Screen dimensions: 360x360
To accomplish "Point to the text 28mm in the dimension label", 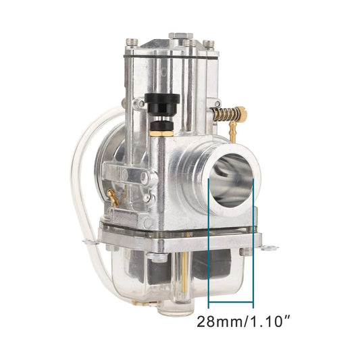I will coord(220,322).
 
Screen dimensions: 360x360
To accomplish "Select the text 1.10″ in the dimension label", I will coord(272,322).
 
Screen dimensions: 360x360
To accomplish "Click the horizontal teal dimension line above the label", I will coord(232,302).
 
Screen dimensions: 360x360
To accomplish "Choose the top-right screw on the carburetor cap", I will coord(210,44).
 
